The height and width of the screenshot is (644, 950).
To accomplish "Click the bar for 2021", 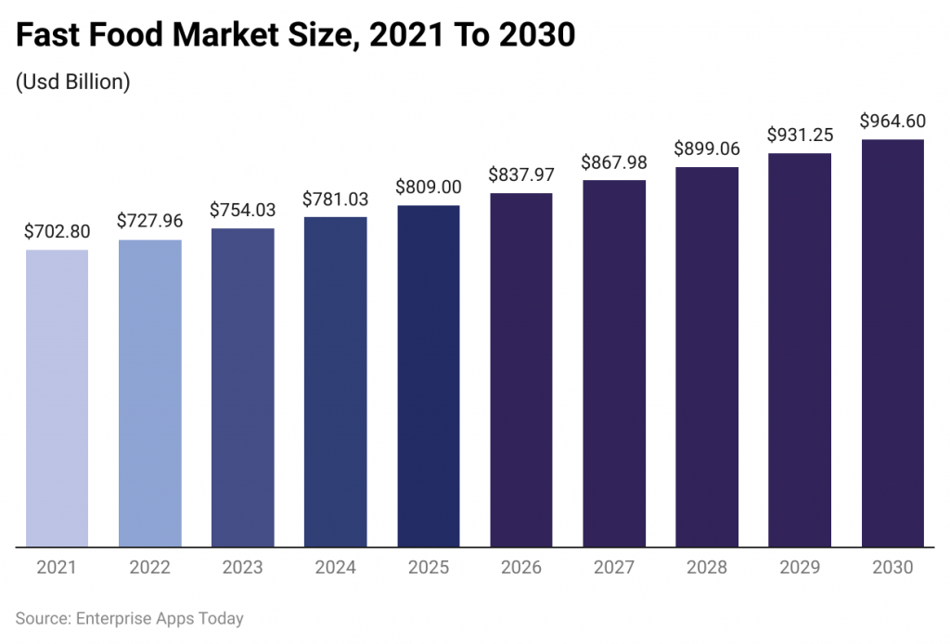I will click(x=57, y=398).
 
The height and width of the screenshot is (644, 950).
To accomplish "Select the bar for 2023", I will click(x=243, y=387).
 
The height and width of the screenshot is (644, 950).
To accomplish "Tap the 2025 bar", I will click(x=429, y=376).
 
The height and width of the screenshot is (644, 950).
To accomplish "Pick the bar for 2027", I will click(x=614, y=363).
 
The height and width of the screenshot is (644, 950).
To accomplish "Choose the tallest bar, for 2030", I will click(x=892, y=343).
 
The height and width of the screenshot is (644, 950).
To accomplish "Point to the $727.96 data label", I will click(x=149, y=222).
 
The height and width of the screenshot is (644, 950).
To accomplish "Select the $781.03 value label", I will click(x=336, y=199).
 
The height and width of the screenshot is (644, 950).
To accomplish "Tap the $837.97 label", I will click(x=521, y=174).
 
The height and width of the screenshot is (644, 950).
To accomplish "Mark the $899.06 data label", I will click(x=707, y=148).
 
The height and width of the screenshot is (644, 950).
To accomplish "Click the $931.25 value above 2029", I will click(x=800, y=135).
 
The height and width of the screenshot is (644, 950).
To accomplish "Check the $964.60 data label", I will click(x=892, y=121).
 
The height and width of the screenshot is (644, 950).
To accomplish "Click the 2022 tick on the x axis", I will click(x=149, y=567).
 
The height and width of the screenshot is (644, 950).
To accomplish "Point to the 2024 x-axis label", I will click(x=336, y=567).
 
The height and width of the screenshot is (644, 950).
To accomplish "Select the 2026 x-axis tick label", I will click(x=521, y=567).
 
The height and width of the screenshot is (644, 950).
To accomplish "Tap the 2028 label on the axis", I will click(x=707, y=567).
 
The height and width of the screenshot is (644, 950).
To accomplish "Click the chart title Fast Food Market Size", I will click(x=296, y=35).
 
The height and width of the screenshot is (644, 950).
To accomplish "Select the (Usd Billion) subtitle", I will click(x=73, y=82).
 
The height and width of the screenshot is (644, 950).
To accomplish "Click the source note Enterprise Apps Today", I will click(x=130, y=618).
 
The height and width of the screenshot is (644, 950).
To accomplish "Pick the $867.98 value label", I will click(x=614, y=161).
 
